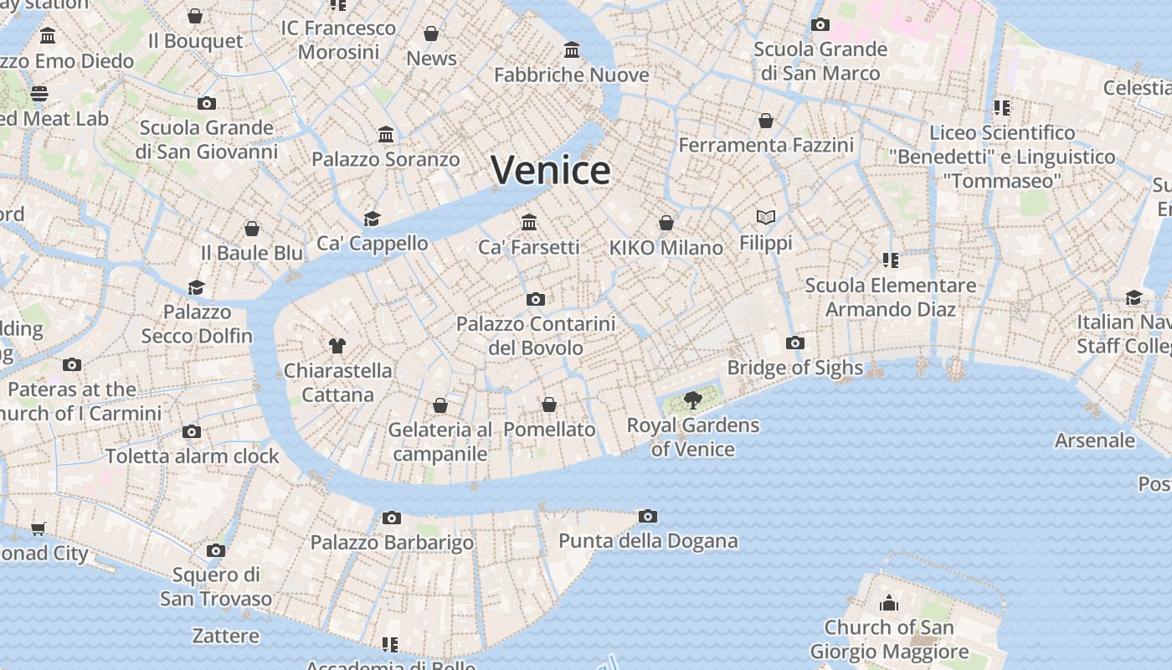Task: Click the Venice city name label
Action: click(x=551, y=170)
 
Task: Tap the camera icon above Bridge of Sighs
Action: click(x=794, y=343)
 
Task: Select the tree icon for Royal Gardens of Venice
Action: click(x=692, y=400)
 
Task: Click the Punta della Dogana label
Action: click(x=648, y=541)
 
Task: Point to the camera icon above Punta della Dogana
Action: click(x=647, y=516)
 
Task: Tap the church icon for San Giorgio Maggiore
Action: click(x=888, y=602)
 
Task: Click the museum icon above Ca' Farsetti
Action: click(x=529, y=222)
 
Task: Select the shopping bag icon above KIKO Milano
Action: click(x=666, y=223)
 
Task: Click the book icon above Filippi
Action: click(x=765, y=218)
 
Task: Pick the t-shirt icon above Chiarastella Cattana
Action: click(x=337, y=345)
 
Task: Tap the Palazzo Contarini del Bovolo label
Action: click(x=536, y=335)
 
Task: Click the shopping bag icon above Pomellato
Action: click(x=549, y=405)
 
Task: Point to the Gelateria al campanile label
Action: click(x=440, y=441)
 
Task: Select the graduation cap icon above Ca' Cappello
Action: click(x=372, y=219)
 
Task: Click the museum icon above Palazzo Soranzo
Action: click(x=386, y=134)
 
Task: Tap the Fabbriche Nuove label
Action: click(x=572, y=75)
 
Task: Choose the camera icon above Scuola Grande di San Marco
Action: click(x=820, y=24)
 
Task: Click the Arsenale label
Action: click(x=1095, y=441)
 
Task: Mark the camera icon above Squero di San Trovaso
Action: click(x=216, y=550)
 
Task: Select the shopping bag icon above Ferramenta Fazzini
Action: click(x=766, y=121)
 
